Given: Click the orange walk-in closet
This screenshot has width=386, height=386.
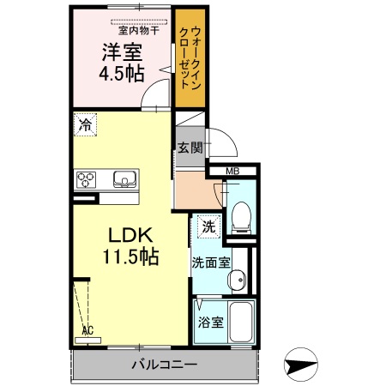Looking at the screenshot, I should [190, 57].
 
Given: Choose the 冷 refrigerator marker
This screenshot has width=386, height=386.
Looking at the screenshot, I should [85, 124].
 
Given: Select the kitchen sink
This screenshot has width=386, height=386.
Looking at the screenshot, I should [124, 180].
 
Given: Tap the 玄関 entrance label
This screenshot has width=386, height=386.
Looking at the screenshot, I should [190, 147].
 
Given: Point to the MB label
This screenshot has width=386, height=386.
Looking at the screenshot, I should [233, 172].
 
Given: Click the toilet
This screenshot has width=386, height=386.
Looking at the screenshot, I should [242, 215].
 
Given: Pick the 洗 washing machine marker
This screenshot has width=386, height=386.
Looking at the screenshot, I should [208, 227].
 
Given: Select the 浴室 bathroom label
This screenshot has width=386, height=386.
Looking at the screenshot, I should [210, 323].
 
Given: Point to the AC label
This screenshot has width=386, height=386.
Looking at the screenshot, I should [87, 329].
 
